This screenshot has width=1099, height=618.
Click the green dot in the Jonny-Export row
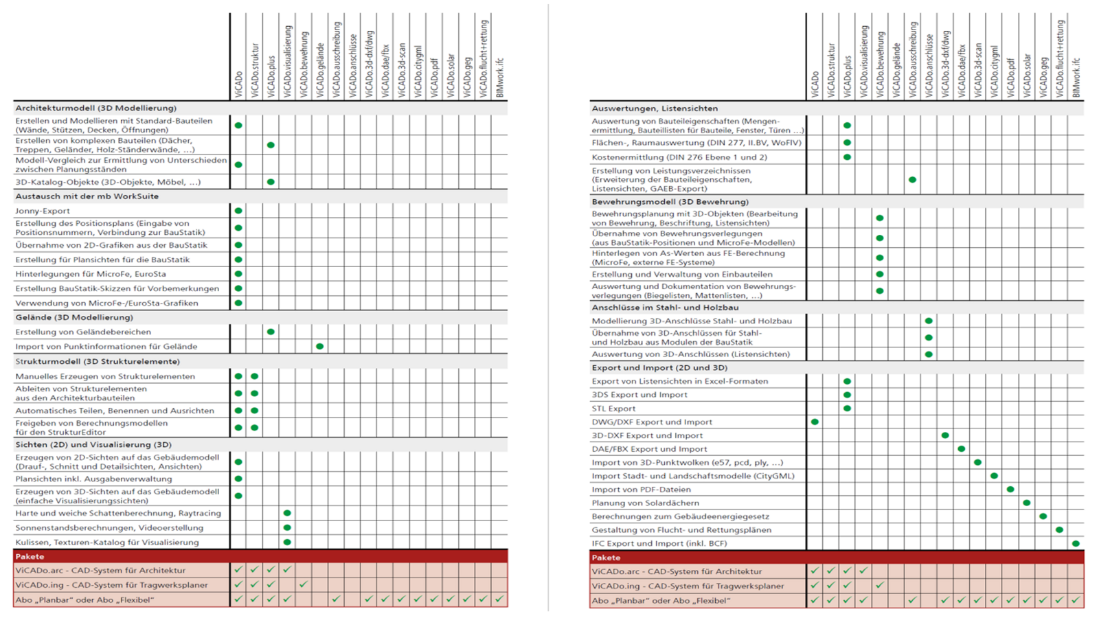click(238, 211)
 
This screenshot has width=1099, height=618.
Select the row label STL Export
click(614, 409)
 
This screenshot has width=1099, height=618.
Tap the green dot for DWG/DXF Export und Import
click(815, 422)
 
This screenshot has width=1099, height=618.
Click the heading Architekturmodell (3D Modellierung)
click(96, 108)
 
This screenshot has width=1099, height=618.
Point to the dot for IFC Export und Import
click(1076, 543)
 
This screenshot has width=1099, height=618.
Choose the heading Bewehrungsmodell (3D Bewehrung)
click(670, 202)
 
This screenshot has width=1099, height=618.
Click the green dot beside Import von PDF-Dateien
click(1010, 490)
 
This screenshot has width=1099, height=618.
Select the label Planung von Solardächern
click(646, 503)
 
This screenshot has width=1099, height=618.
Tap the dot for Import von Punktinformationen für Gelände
click(319, 347)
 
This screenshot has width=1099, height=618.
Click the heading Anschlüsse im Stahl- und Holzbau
click(665, 308)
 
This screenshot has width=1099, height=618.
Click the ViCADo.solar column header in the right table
click(1027, 76)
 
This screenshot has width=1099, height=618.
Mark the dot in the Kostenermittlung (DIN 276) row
click(847, 157)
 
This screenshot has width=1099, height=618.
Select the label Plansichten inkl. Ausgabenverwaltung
click(93, 479)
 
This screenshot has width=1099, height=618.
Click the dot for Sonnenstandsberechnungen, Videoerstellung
click(287, 528)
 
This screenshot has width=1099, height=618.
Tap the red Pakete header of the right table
click(607, 558)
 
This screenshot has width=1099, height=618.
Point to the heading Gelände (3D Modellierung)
click(74, 318)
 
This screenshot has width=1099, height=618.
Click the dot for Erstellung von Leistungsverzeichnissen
click(912, 180)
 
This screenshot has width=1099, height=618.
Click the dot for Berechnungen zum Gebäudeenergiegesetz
click(1043, 516)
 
